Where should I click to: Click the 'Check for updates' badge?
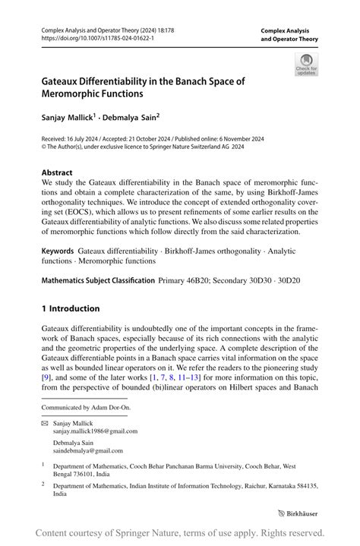coord(307,64)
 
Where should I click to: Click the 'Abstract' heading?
coord(57,172)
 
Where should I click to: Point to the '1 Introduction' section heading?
coord(71,308)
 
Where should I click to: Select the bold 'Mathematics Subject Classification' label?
coord(98,280)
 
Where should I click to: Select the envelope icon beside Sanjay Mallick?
coord(44,422)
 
